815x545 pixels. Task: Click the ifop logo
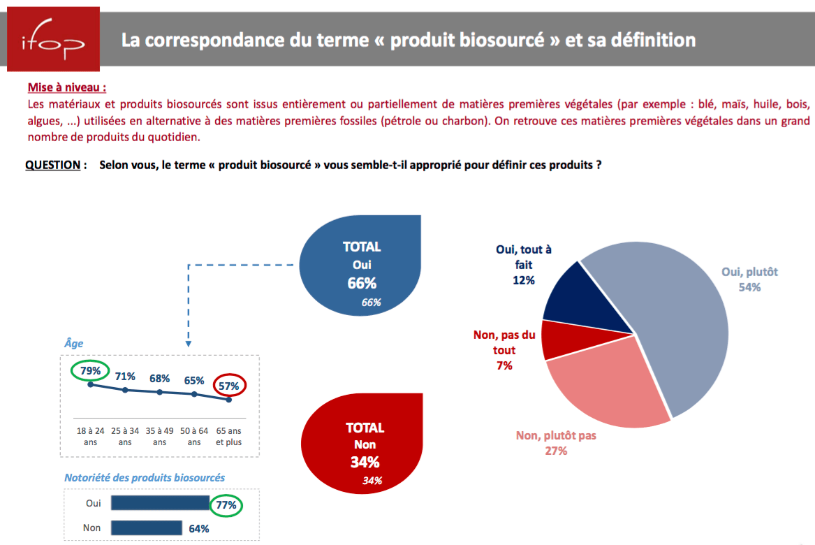click(53, 39)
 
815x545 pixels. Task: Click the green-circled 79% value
click(90, 370)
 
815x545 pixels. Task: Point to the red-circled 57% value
click(229, 385)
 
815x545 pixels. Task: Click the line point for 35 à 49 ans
click(160, 392)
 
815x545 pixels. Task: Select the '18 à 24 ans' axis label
click(91, 437)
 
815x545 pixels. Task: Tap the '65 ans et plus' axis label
click(229, 437)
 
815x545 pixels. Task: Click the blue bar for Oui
click(160, 503)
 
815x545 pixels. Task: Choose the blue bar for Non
click(147, 528)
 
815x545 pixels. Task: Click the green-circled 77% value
click(226, 504)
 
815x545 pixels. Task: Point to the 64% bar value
click(199, 528)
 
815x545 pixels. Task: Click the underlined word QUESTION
click(53, 166)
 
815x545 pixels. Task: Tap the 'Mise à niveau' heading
click(67, 88)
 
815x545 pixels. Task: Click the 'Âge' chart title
click(73, 343)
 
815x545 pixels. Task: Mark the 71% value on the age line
click(125, 377)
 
